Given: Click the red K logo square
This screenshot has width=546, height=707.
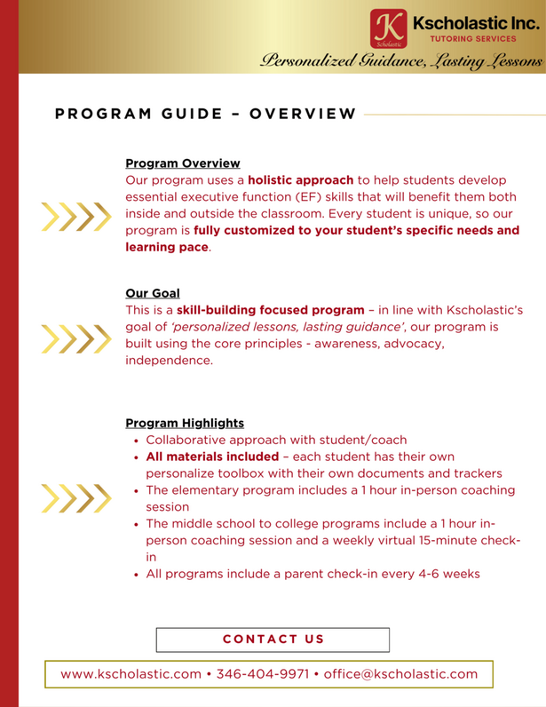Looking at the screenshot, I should [x=386, y=28].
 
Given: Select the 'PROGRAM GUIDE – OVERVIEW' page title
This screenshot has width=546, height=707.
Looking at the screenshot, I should [x=205, y=114].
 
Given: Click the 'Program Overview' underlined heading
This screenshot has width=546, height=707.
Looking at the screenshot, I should [x=182, y=163].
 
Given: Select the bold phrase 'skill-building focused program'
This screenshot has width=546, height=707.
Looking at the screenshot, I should [x=270, y=310].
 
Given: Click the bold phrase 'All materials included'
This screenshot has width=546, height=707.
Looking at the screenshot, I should [x=212, y=457].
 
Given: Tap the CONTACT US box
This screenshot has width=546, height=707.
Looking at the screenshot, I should [x=273, y=639].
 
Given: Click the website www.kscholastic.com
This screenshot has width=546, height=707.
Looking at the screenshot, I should [x=131, y=674].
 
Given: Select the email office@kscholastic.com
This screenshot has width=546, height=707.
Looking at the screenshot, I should [x=400, y=674].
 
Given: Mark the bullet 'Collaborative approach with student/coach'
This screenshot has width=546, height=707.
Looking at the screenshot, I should [x=276, y=440].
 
